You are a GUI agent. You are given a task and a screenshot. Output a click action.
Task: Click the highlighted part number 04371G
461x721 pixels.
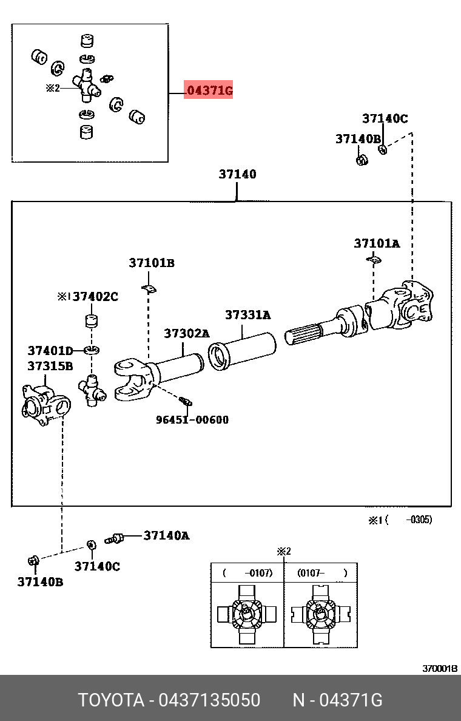point(209,91)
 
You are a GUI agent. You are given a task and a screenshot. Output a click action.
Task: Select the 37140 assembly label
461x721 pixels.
point(237,175)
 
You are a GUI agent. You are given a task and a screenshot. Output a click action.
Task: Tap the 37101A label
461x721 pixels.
point(377,243)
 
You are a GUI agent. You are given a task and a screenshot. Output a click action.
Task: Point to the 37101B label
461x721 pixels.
point(151,263)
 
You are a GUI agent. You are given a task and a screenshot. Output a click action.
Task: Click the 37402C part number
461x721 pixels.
point(95,297)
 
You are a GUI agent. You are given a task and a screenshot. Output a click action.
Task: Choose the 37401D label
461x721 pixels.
point(50,350)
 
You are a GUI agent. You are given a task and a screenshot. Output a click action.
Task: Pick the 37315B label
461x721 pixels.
point(50,366)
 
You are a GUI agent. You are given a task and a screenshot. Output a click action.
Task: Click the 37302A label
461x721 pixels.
point(186,333)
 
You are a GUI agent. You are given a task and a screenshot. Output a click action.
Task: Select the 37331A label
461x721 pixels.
point(247,315)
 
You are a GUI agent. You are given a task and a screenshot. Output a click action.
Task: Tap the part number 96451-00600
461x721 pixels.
point(192,419)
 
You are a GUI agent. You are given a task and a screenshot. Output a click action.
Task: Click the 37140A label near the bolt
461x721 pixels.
point(166,535)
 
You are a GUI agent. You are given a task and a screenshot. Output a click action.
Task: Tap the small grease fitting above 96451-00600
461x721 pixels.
point(185,401)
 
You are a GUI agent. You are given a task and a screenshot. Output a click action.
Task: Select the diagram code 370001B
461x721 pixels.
point(440,669)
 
